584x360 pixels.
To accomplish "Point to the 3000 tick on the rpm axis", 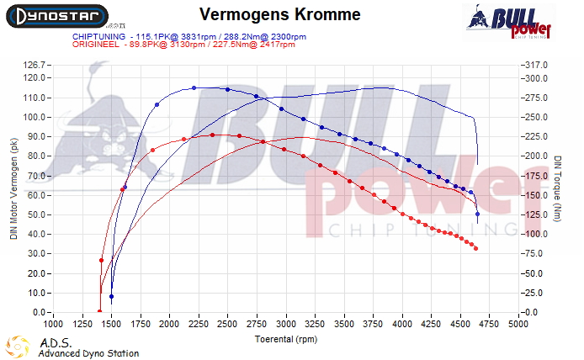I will (x=286, y=322).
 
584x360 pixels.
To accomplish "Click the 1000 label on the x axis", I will (x=53, y=322).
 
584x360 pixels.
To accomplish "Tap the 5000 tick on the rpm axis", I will (x=518, y=322).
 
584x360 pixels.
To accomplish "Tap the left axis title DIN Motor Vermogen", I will (x=13, y=188).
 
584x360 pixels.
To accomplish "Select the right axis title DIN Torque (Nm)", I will (x=558, y=188).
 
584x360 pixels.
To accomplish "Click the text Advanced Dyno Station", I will (x=88, y=353).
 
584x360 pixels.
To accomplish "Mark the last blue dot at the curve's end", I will (x=478, y=214).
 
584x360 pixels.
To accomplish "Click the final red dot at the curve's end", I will (x=476, y=249).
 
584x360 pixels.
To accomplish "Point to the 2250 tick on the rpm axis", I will (x=194, y=322).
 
